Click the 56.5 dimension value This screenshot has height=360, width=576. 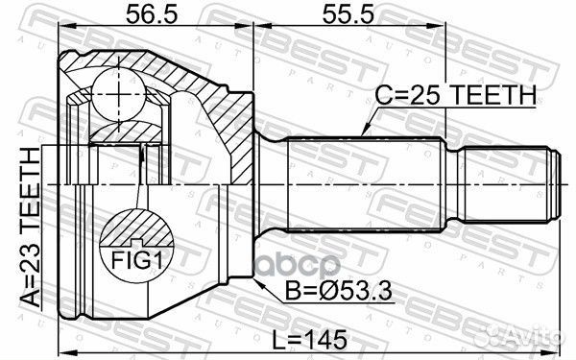tap(152, 14)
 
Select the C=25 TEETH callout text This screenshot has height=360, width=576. tap(455, 95)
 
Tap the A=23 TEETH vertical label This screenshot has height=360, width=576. tap(31, 227)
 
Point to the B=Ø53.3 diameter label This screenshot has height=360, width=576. tap(338, 291)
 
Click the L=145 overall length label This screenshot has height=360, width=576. tap(310, 339)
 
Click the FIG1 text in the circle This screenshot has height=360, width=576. tap(137, 261)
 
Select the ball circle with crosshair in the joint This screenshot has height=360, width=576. tap(118, 94)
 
